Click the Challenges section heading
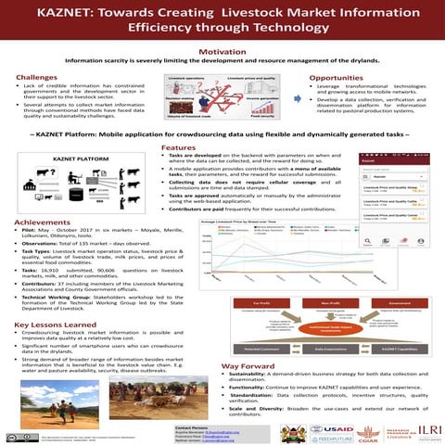36,76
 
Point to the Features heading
178,147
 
